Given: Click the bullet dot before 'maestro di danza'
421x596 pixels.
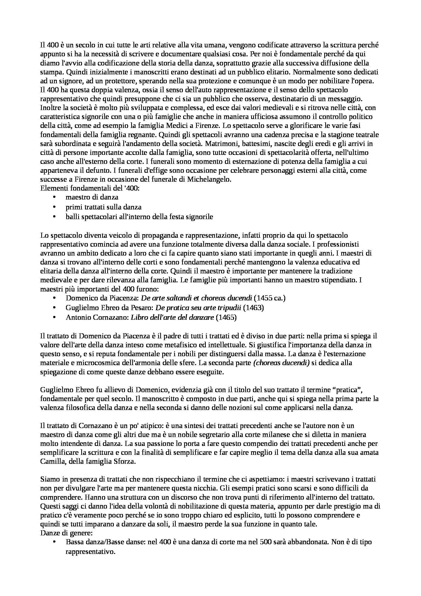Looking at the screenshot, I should [x=54, y=197].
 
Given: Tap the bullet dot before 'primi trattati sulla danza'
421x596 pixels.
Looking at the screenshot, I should [x=54, y=207].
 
